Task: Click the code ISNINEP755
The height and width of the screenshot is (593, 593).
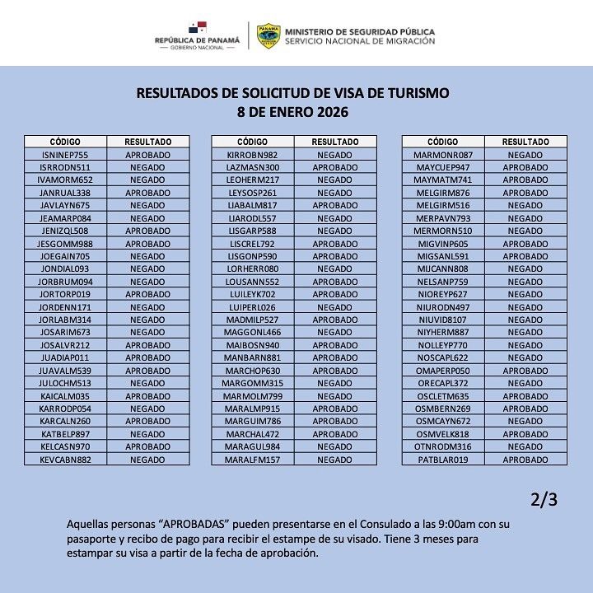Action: coord(64,154)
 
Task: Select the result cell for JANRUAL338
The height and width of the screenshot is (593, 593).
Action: coord(147,192)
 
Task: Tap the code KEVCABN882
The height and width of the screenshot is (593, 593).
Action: coord(64,459)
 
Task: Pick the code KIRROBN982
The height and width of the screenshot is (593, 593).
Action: coord(252,154)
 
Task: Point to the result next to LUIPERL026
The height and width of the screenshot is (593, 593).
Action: coord(334,306)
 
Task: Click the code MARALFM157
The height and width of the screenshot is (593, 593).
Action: coord(252,459)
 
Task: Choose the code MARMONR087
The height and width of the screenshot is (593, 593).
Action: coord(443,154)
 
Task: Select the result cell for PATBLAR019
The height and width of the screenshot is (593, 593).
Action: coord(525,459)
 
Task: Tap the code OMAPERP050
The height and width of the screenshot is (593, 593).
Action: coord(443,370)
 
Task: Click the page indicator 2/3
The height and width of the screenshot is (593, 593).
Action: coord(544,499)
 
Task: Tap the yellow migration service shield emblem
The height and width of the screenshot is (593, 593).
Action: coord(268,35)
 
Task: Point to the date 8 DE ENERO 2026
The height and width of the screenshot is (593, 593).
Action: coord(292,111)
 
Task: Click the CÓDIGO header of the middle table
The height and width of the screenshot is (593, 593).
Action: coord(252,142)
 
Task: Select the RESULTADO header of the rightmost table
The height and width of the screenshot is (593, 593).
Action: coord(525,142)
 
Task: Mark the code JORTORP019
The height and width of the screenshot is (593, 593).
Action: coord(64,294)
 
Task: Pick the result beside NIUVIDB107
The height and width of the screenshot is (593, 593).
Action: coord(525,319)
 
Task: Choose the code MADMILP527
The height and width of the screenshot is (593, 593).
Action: coord(252,319)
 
